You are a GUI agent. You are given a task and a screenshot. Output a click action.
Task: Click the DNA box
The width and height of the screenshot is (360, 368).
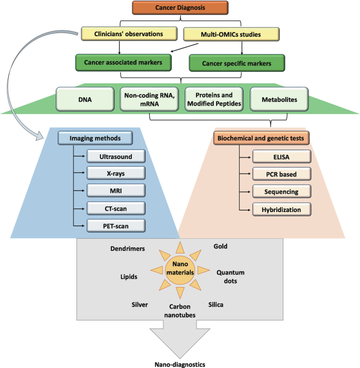(85, 98)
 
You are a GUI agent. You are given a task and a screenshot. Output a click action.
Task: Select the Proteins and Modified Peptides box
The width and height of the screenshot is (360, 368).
(214, 98)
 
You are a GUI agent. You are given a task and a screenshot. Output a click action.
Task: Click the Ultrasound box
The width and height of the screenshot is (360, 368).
(115, 156)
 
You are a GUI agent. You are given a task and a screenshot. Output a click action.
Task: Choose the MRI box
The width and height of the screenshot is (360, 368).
(115, 191)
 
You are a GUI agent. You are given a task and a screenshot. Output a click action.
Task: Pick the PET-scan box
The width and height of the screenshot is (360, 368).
(115, 225)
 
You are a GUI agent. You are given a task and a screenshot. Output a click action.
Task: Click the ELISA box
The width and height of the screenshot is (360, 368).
(282, 156)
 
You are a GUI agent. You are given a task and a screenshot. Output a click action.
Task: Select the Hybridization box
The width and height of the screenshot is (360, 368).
(282, 209)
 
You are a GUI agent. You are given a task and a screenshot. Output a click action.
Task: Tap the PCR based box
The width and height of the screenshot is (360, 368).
(282, 173)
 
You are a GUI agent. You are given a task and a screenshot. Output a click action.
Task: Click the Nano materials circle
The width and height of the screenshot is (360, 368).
(180, 269)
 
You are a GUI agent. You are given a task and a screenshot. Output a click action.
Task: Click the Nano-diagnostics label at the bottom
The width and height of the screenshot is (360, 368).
(179, 362)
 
